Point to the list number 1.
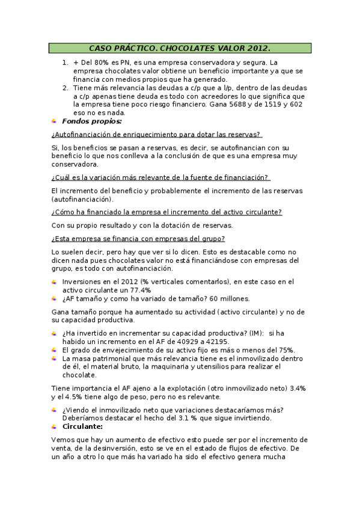[x=64, y=62]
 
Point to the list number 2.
[x=64, y=87]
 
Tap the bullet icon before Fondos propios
[x=55, y=121]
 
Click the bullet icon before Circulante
[x=55, y=426]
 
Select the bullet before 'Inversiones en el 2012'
[x=55, y=281]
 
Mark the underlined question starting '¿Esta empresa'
[x=151, y=238]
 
